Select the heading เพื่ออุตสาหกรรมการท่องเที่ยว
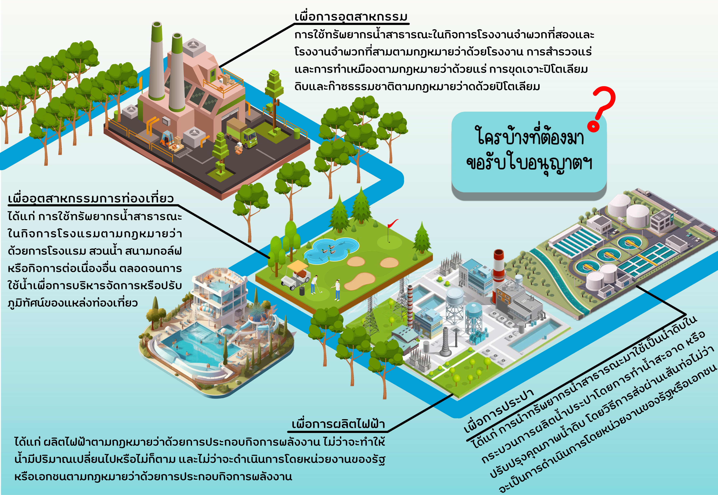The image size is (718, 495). pyautogui.click(x=91, y=199)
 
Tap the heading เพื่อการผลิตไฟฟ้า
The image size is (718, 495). pyautogui.click(x=338, y=424)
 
